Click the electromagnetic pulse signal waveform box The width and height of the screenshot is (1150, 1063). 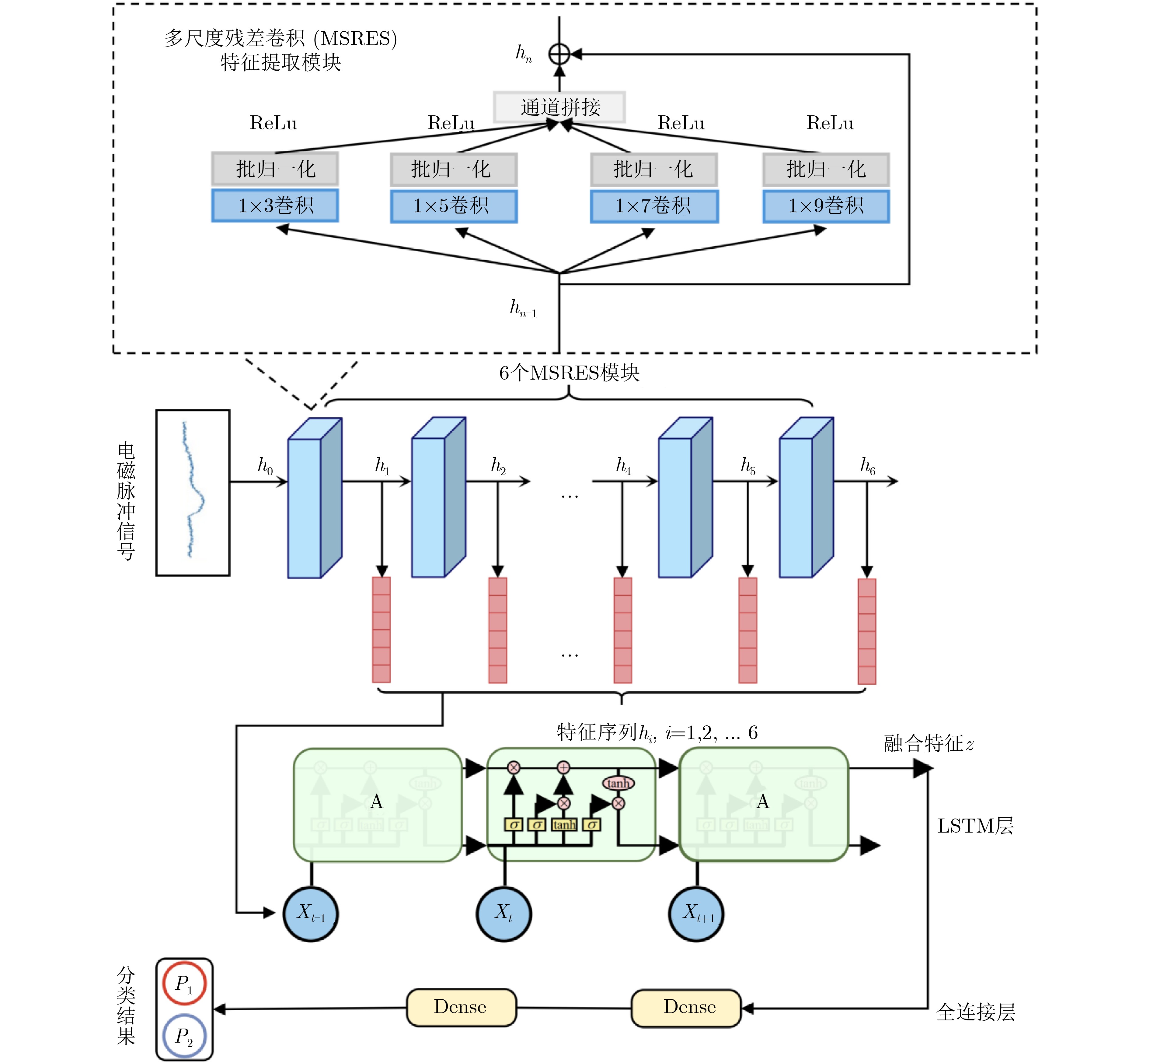click(193, 493)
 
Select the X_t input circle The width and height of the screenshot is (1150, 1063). click(504, 914)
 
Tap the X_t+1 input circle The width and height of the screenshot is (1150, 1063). click(696, 914)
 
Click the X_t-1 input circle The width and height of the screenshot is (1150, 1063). click(311, 914)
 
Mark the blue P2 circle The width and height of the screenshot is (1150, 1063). click(184, 1037)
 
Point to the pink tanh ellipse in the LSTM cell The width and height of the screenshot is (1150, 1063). click(618, 783)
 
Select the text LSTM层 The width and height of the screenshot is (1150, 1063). click(975, 826)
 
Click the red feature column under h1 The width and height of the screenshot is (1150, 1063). click(381, 630)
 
